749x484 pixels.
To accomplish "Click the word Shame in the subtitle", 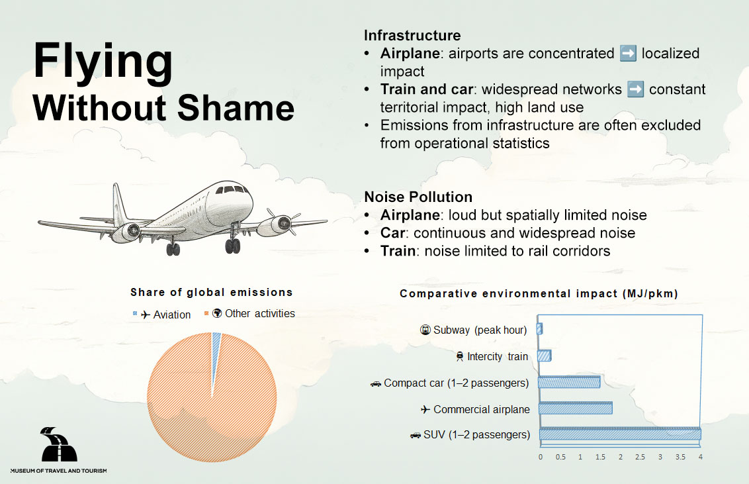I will point(240,108).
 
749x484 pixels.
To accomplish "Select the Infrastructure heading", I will point(412,36).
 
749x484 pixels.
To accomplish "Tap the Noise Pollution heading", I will point(418,197).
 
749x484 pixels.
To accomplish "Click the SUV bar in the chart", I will point(619,434).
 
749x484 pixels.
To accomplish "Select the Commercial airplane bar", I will point(575,409).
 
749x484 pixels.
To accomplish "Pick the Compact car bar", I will point(569,383).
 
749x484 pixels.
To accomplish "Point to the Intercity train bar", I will point(545,356).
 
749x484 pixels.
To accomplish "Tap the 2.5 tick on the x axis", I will point(640,458).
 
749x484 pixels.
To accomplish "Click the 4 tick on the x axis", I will point(700,458).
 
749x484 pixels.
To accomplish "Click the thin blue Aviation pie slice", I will point(216,339).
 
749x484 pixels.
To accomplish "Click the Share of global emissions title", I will point(211,293).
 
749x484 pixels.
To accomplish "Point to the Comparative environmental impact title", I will point(539,294).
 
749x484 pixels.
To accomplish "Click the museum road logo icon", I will point(58,445).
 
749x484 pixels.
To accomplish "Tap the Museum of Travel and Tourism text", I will point(58,471).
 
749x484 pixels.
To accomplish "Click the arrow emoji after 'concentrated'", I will point(628,54).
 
